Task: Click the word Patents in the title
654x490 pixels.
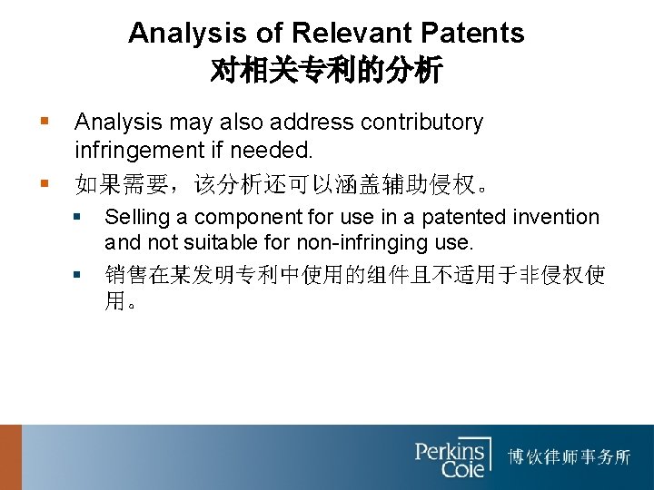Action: (473, 34)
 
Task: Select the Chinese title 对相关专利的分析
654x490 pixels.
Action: (326, 70)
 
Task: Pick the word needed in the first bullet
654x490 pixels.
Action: (272, 148)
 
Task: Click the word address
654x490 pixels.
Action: (312, 122)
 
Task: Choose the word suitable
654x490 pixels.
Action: (215, 243)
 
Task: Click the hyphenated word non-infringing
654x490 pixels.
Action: (367, 243)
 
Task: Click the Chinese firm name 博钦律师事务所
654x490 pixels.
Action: (569, 456)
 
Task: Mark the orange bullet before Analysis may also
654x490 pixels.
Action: (45, 122)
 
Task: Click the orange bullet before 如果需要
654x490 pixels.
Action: (45, 184)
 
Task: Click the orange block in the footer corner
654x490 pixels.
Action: (10, 457)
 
